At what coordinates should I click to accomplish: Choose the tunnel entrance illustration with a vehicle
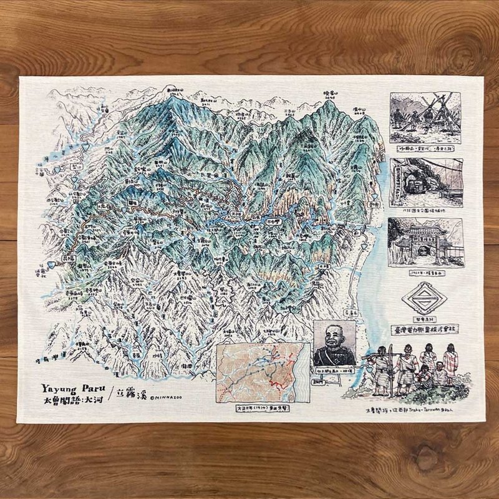point(426,181)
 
